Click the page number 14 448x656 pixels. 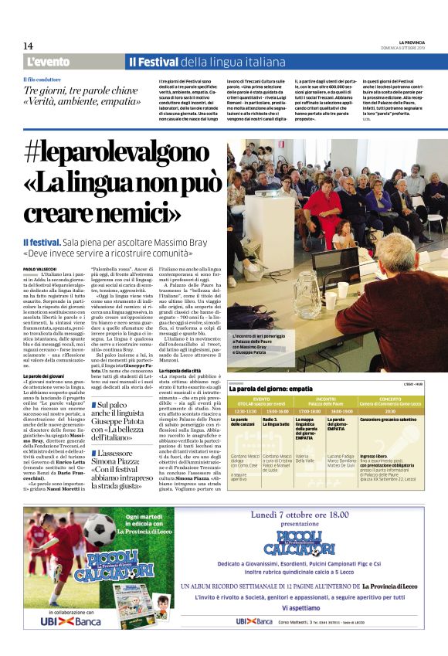coord(28,45)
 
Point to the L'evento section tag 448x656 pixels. coord(48,62)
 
